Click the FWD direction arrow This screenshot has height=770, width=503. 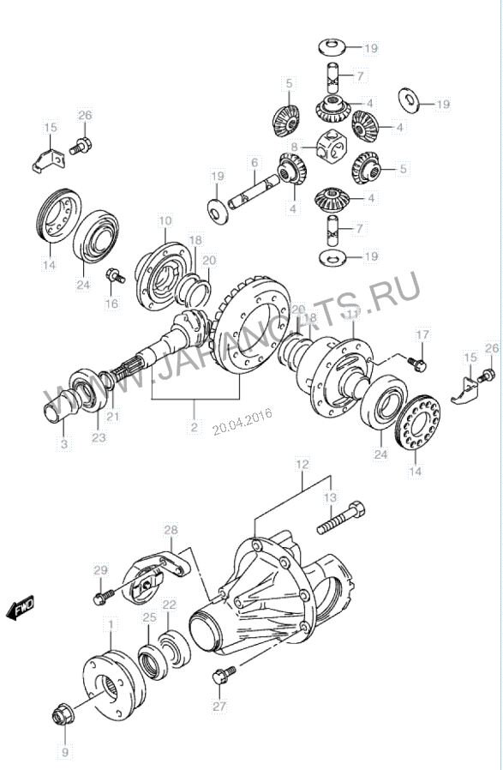(21, 607)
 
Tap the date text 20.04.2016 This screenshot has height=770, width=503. (243, 421)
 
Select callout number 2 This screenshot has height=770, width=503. (194, 427)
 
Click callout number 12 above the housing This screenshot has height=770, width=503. (302, 464)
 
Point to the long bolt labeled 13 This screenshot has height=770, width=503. (340, 520)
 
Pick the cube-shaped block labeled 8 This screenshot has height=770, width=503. (333, 147)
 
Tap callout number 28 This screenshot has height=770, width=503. (171, 530)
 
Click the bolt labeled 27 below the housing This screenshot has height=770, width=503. (224, 675)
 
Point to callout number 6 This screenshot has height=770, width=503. (254, 163)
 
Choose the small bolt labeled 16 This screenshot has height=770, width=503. (116, 275)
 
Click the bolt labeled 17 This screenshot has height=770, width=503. (416, 363)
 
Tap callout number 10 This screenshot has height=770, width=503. (165, 220)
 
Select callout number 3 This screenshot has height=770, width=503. (64, 444)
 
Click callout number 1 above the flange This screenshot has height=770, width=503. (111, 624)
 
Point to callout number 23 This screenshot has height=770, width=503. (99, 437)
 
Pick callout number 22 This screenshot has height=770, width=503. (170, 605)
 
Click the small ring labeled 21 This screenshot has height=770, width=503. (107, 381)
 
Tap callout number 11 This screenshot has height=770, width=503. (352, 315)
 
